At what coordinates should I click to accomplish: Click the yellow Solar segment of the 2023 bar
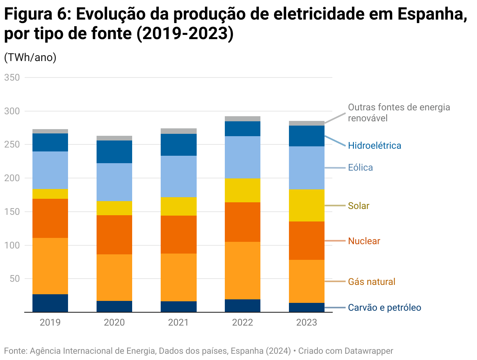tap(307, 205)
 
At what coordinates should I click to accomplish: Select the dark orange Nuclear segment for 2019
tap(50, 218)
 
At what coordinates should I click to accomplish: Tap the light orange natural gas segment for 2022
tap(242, 270)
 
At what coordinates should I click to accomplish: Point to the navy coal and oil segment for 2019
tap(50, 303)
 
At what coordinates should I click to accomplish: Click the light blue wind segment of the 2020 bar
tap(114, 182)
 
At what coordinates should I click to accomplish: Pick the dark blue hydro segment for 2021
tap(178, 145)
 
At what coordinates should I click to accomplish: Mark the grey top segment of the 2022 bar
tap(242, 119)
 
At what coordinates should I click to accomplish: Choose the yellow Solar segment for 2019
tap(50, 194)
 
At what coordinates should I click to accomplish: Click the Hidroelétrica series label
tap(374, 146)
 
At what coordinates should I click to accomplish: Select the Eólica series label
tap(360, 167)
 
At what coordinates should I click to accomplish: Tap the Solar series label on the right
tap(359, 206)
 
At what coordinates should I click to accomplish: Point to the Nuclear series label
tap(364, 241)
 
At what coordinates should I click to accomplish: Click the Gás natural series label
tap(371, 282)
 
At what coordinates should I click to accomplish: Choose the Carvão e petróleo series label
tap(384, 308)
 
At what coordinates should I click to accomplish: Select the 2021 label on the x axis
tap(178, 322)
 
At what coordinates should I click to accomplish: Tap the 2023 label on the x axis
tap(307, 322)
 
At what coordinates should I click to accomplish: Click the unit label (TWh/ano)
tap(30, 57)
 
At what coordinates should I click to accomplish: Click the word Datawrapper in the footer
tap(369, 351)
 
